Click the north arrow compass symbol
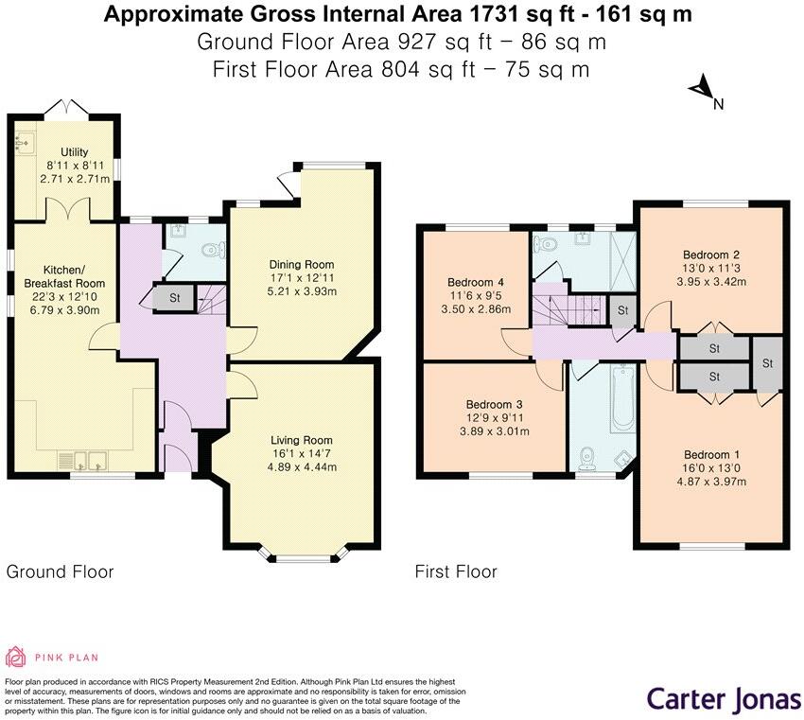(702, 90)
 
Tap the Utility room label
(74, 152)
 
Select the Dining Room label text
(302, 264)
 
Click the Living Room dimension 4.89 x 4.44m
(302, 465)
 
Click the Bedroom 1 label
(708, 454)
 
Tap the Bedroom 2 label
(710, 255)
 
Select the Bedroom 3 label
(476, 404)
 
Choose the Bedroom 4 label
(475, 282)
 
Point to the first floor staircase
(566, 310)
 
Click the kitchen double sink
(84, 462)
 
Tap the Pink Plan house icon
(16, 657)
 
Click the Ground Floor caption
(61, 571)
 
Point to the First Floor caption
(456, 571)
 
